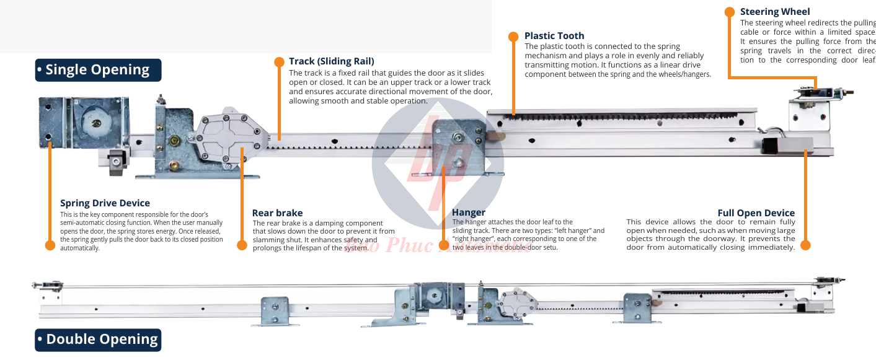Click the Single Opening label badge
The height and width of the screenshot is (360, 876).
[x=98, y=70]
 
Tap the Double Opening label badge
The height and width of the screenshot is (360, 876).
[x=98, y=340]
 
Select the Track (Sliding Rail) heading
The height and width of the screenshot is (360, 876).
[x=331, y=61]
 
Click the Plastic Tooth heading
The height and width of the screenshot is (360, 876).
[x=554, y=36]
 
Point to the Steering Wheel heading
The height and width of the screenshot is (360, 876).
[x=775, y=12]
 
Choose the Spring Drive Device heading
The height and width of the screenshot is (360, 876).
[x=105, y=203]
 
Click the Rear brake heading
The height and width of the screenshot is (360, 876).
[x=277, y=213]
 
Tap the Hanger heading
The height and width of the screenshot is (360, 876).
[x=469, y=213]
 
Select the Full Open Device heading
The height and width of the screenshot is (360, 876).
[x=756, y=213]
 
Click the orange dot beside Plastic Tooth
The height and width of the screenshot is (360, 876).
[x=513, y=37]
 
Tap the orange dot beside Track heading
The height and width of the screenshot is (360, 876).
[x=278, y=61]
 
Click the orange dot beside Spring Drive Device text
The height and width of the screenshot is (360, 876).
[x=50, y=245]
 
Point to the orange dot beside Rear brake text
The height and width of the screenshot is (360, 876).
[x=242, y=245]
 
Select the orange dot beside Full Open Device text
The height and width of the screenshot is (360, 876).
[x=805, y=245]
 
